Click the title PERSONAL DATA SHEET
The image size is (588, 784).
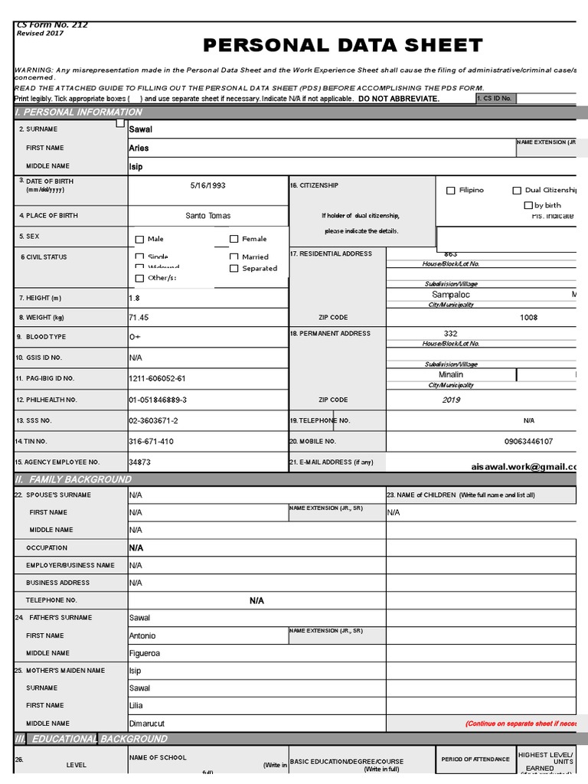[342, 45]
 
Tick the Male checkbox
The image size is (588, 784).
[139, 240]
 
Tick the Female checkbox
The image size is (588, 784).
[234, 239]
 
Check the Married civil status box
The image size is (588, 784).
[234, 257]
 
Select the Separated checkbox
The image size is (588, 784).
[234, 269]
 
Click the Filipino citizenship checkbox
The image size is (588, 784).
[451, 190]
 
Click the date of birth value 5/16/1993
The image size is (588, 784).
[208, 185]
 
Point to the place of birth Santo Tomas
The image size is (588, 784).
[208, 216]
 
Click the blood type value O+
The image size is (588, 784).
[136, 337]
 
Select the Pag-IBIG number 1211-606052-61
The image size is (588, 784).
[157, 378]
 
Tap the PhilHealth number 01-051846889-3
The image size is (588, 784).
[158, 400]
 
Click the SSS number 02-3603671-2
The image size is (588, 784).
[153, 421]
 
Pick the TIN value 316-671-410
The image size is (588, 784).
[151, 442]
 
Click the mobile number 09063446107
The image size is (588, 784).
[528, 442]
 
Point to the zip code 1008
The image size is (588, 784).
[528, 317]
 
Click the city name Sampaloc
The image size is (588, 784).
[451, 294]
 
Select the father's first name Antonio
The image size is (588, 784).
[142, 635]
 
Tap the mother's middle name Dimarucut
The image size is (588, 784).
[147, 724]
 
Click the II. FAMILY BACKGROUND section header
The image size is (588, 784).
[73, 479]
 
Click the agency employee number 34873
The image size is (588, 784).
[139, 462]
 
